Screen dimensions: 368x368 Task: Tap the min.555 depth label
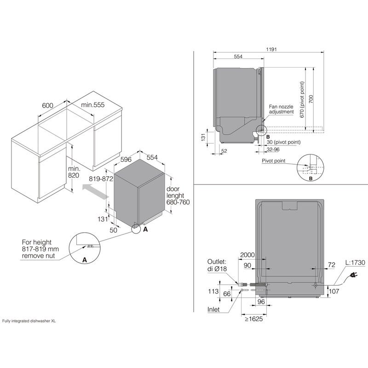click(x=93, y=105)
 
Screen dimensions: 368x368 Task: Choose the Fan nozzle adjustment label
click(x=281, y=109)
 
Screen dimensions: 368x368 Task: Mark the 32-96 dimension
click(x=274, y=149)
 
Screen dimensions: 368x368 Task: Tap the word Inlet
click(x=217, y=309)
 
